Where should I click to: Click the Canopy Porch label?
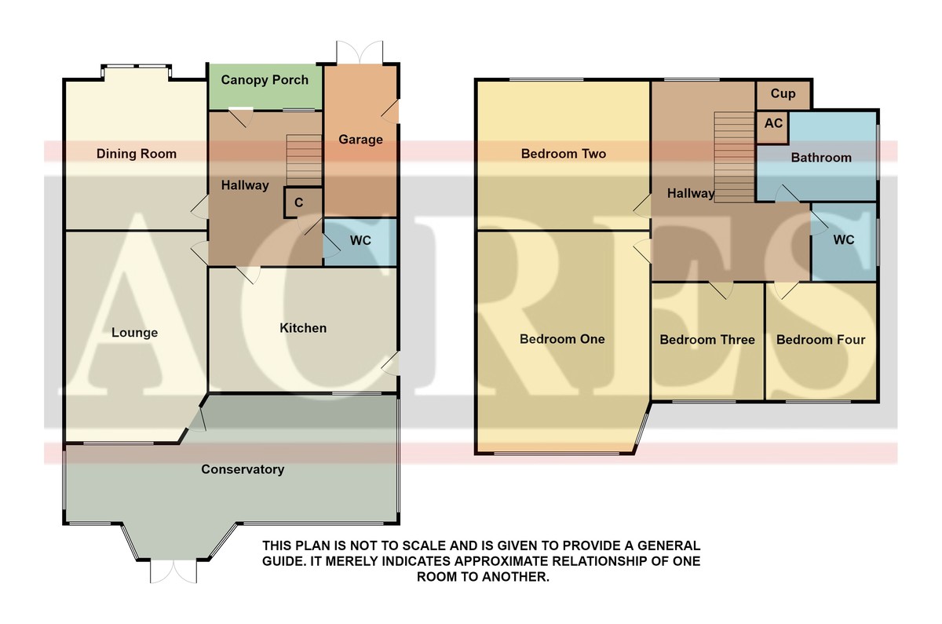(x=265, y=80)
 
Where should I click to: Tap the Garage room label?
(x=361, y=140)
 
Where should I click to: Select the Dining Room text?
(x=137, y=154)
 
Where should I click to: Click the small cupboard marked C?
(x=298, y=203)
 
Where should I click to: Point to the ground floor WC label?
(x=360, y=240)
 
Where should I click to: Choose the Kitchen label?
(x=303, y=328)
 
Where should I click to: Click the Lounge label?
(x=134, y=333)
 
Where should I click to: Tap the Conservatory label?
(x=243, y=469)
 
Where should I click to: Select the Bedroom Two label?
(x=564, y=154)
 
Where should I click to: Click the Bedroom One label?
(x=562, y=339)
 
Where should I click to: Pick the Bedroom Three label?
(x=707, y=340)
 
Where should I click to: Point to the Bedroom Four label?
(x=820, y=340)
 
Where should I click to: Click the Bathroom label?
(x=821, y=158)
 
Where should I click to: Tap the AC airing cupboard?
(x=773, y=127)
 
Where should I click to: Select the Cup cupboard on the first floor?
(x=783, y=95)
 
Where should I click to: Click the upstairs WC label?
(x=844, y=239)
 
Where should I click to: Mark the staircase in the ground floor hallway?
(x=304, y=160)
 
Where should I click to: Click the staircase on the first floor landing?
(x=734, y=157)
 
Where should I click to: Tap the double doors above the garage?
(x=360, y=53)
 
